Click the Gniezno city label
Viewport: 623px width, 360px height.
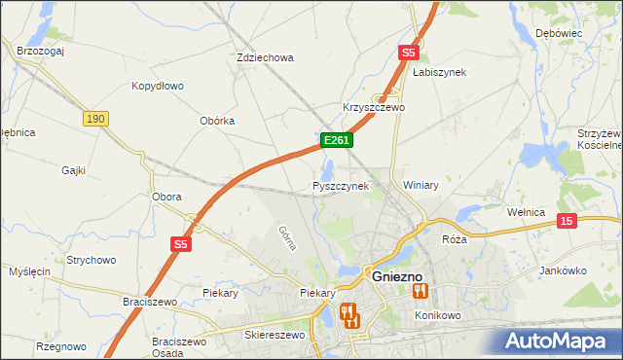pyautogui.click(x=396, y=276)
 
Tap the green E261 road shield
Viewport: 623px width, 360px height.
pyautogui.click(x=336, y=140)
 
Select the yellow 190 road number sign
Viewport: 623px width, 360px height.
pyautogui.click(x=94, y=118)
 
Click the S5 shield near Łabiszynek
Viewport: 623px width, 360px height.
pyautogui.click(x=408, y=53)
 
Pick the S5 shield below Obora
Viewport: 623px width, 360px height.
pyautogui.click(x=182, y=244)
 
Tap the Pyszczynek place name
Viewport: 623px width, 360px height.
pyautogui.click(x=341, y=185)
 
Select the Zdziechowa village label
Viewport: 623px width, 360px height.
pyautogui.click(x=265, y=57)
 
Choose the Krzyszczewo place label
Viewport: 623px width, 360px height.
pyautogui.click(x=374, y=107)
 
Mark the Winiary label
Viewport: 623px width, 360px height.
pyautogui.click(x=421, y=184)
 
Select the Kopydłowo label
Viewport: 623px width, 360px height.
pyautogui.click(x=158, y=86)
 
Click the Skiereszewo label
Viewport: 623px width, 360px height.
pyautogui.click(x=274, y=335)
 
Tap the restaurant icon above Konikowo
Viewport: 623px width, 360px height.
pyautogui.click(x=421, y=290)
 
